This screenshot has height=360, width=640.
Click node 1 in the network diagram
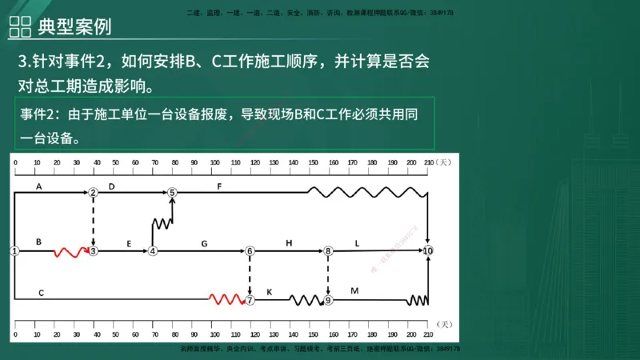(x=14, y=250)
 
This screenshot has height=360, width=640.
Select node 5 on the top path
(x=171, y=192)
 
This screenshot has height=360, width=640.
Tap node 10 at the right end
(x=429, y=250)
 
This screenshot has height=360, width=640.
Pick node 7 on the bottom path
(x=250, y=300)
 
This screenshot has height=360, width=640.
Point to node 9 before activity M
(x=328, y=300)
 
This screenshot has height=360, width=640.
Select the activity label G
(x=204, y=242)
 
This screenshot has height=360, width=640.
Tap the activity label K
(x=269, y=292)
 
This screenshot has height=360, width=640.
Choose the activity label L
(x=357, y=242)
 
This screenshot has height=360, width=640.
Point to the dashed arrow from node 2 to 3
(x=94, y=221)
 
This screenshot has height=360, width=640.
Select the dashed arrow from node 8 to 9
(x=328, y=275)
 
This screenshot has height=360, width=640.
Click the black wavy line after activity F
(x=367, y=192)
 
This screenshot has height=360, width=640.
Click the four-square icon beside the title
(x=19, y=25)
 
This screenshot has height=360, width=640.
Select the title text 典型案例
(x=74, y=25)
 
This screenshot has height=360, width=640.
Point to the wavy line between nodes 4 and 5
(x=162, y=223)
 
